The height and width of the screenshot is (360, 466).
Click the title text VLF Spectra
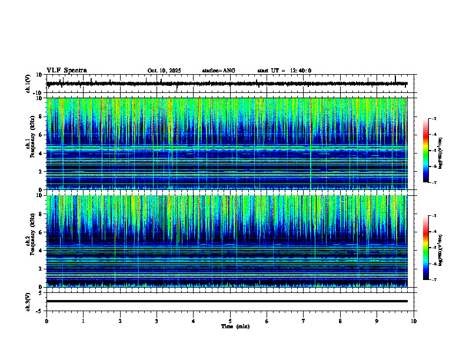point(66,71)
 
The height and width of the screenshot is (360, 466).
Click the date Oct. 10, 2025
point(164,71)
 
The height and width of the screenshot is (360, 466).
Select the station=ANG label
point(218,71)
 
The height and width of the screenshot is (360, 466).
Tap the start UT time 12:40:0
point(284,71)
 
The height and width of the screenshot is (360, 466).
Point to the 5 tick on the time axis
point(230,321)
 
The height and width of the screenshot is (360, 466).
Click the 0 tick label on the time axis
point(46,321)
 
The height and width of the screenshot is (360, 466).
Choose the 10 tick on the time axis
point(414,321)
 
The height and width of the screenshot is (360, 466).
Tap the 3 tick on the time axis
point(157,321)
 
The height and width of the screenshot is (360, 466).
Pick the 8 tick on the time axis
point(340,321)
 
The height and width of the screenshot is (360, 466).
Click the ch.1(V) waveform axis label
point(28,84)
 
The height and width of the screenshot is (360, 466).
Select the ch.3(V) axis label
point(28,301)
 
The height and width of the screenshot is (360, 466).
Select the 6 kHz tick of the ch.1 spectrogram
point(39,135)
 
